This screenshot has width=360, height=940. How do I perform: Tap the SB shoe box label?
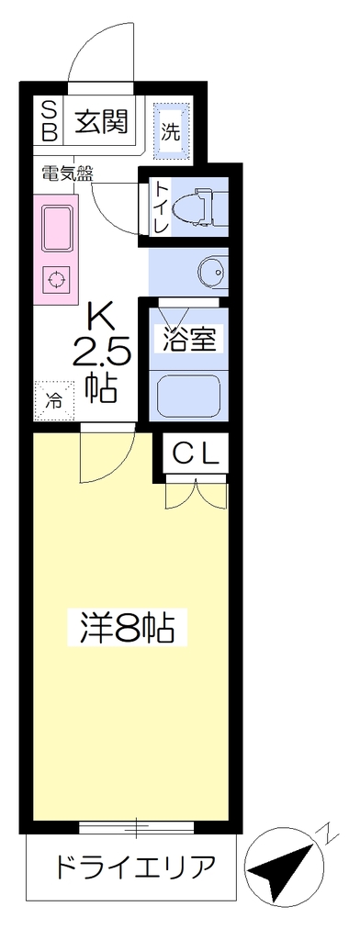pos(50,120)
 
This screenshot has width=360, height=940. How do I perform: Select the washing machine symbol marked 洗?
pos(173,131)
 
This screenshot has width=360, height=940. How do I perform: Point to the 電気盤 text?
pos(67,173)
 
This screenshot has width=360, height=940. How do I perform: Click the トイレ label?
pos(160,207)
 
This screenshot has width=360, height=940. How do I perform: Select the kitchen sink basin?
pos(57,229)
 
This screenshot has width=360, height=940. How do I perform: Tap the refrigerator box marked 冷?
pos(54,398)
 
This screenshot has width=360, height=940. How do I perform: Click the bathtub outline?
pos(188,397)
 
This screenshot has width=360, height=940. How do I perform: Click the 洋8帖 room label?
pos(128,627)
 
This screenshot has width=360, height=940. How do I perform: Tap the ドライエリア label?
pos(134,867)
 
